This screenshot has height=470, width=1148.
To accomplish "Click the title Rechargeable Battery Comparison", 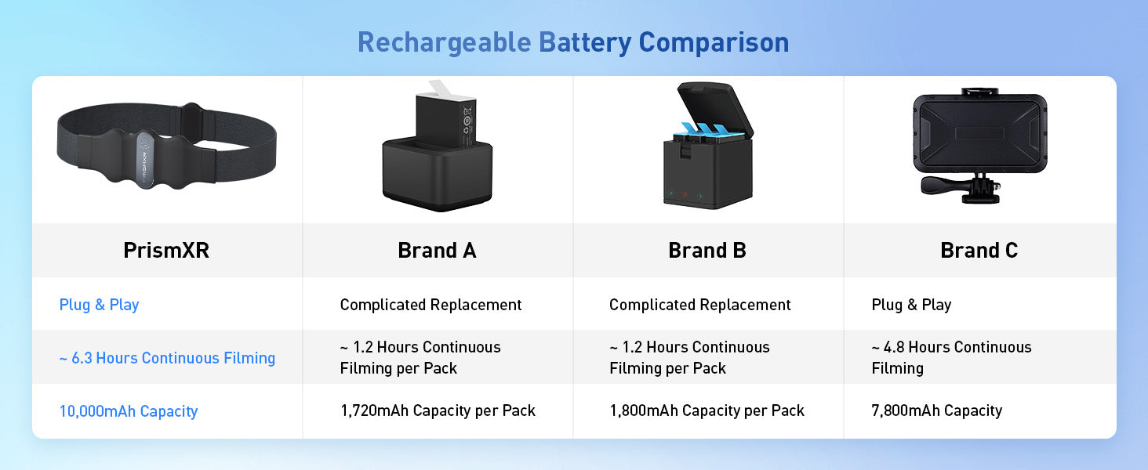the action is pyautogui.click(x=573, y=42).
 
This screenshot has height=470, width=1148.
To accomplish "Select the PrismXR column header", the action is pyautogui.click(x=166, y=251).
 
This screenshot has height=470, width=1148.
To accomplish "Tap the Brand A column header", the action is pyautogui.click(x=437, y=251).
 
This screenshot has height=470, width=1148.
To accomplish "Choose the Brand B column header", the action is pyautogui.click(x=707, y=251).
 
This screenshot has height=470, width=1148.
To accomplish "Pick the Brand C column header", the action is pyautogui.click(x=979, y=251).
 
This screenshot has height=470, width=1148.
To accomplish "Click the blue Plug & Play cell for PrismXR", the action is pyautogui.click(x=99, y=305).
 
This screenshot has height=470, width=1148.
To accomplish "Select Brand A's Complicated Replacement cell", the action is pyautogui.click(x=430, y=305).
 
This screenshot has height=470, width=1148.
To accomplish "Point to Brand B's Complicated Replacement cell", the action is pyautogui.click(x=699, y=305).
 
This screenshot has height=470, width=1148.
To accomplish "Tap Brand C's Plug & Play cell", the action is pyautogui.click(x=911, y=305).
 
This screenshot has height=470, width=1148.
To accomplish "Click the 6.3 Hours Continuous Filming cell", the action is pyautogui.click(x=167, y=358).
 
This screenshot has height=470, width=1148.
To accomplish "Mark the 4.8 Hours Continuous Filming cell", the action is pyautogui.click(x=951, y=357).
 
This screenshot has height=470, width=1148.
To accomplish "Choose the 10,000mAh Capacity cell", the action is pyautogui.click(x=128, y=411).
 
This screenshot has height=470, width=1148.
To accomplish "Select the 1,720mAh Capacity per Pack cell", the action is pyautogui.click(x=438, y=410).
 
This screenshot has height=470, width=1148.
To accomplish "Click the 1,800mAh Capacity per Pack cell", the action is pyautogui.click(x=707, y=410).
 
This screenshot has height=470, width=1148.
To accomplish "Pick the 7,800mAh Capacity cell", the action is pyautogui.click(x=937, y=410).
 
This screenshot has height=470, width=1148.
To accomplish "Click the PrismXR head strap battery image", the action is pyautogui.click(x=166, y=146).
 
